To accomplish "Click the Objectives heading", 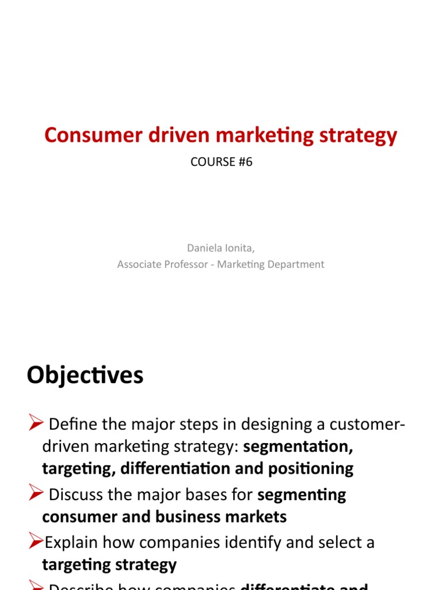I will tap(85, 376).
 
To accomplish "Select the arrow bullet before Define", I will tap(35, 425).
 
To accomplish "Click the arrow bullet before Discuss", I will tap(35, 495).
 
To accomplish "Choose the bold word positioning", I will tap(311, 469).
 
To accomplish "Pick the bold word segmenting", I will tap(302, 496).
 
